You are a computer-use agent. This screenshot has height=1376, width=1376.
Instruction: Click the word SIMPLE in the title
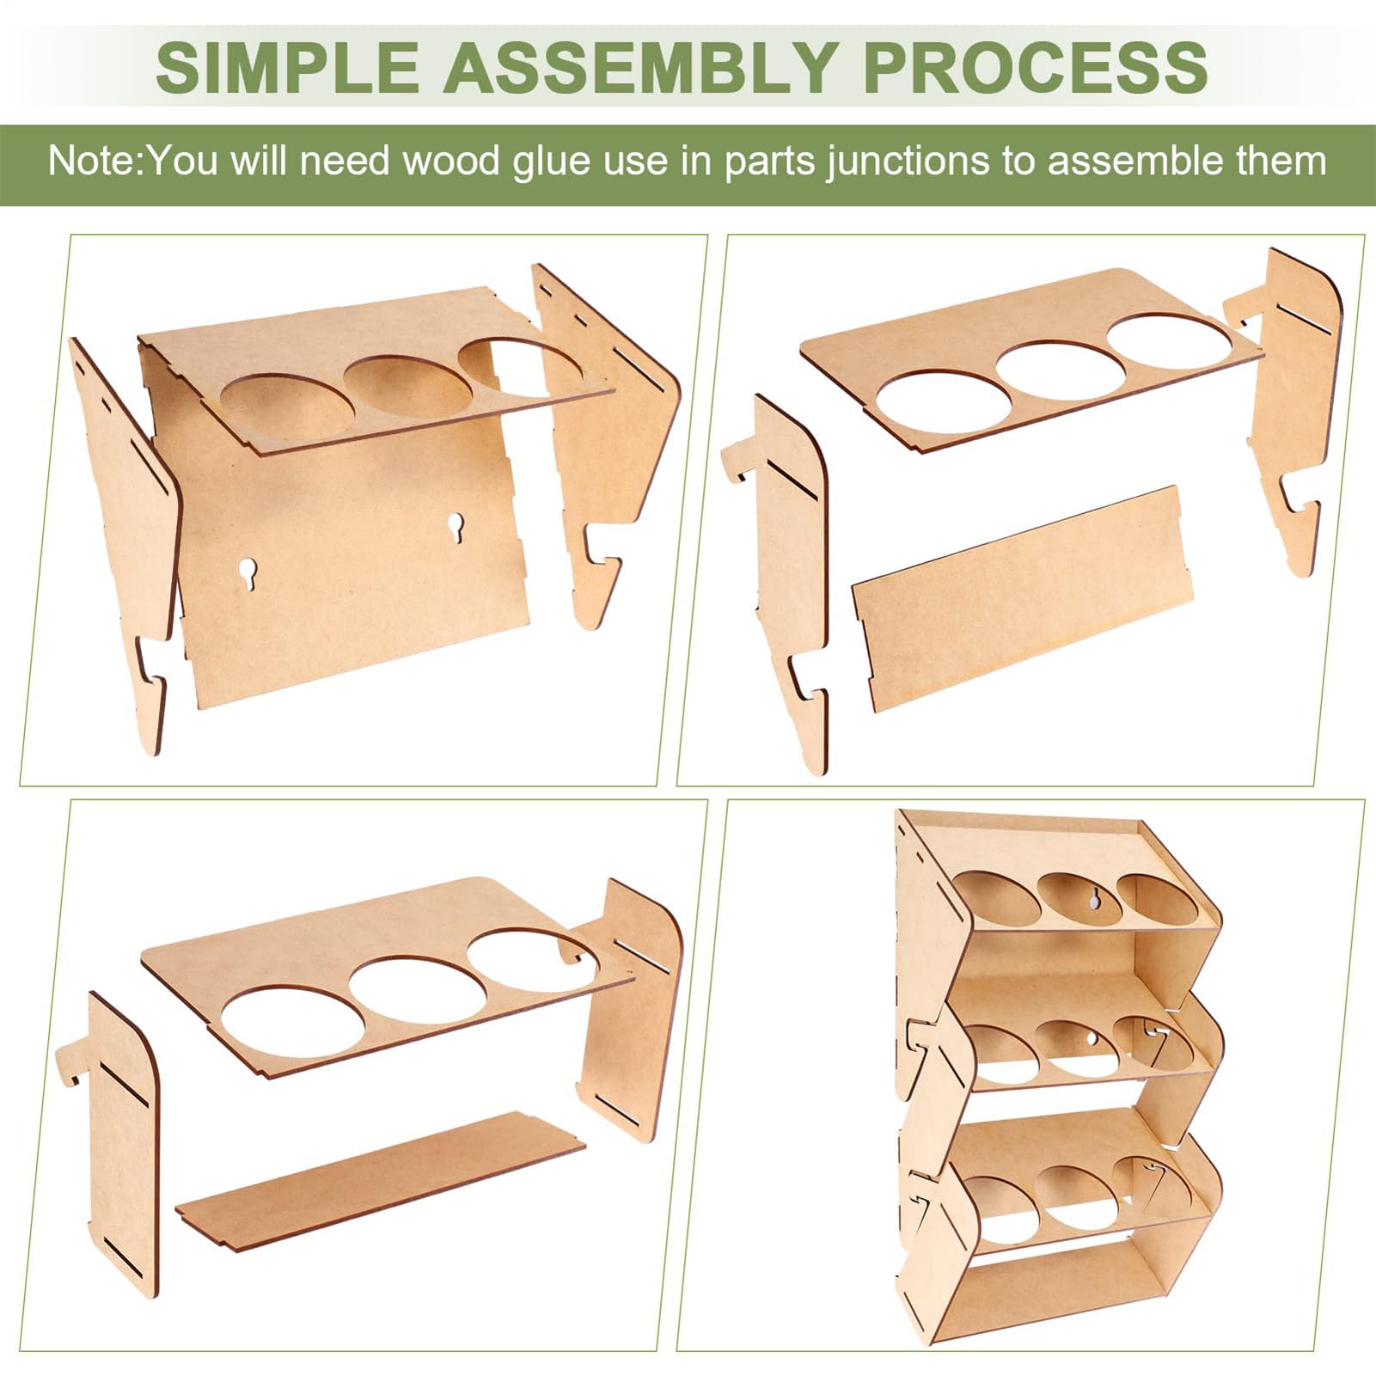point(287,66)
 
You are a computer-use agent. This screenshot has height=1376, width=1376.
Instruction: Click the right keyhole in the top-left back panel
point(454,525)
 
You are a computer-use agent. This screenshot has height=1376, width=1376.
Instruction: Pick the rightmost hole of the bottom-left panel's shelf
point(533,960)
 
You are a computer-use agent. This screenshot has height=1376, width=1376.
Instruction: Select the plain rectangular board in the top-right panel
point(1023,597)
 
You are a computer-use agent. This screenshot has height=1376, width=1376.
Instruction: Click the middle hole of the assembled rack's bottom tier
point(1074,1197)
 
